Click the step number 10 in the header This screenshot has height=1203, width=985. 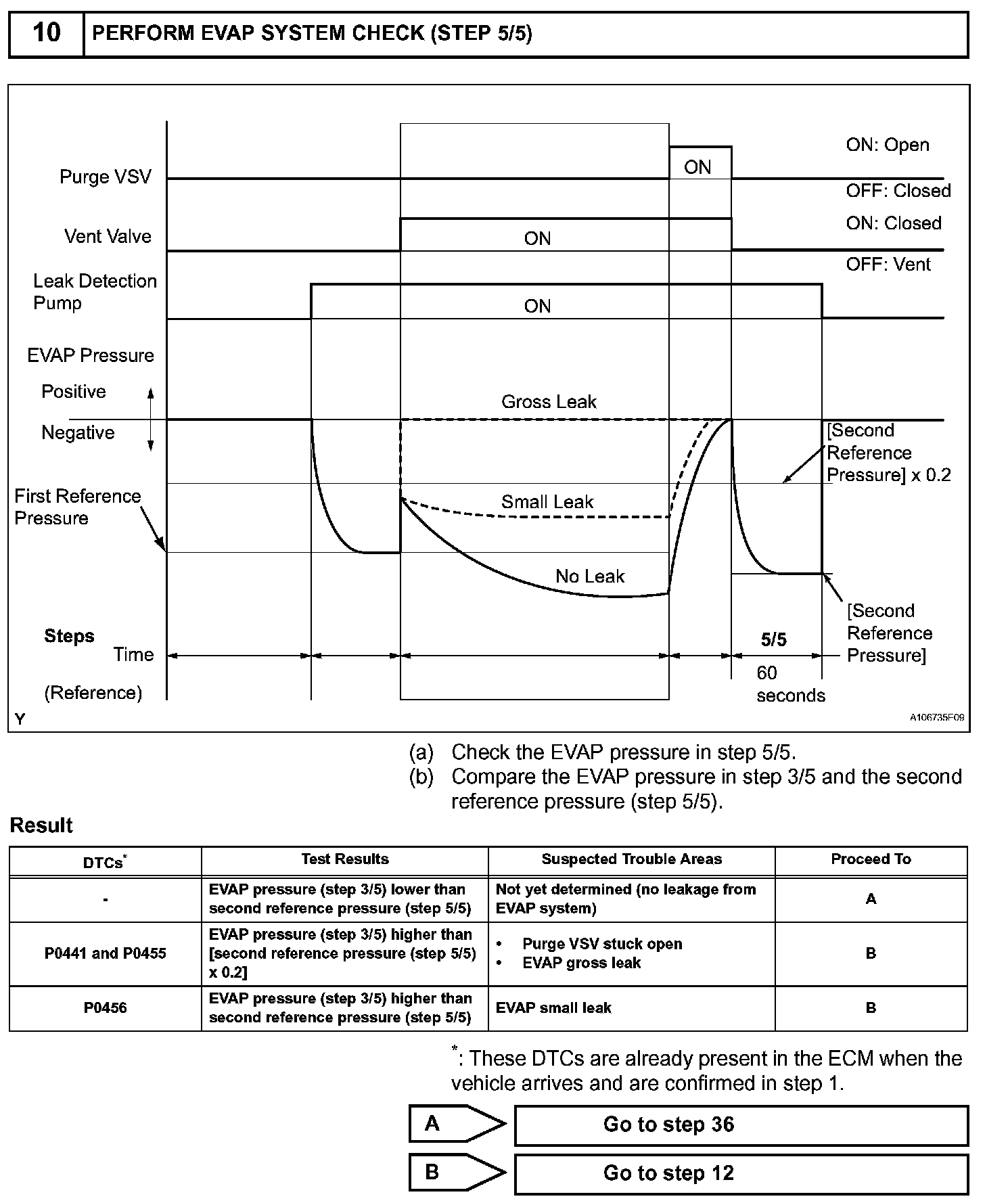click(46, 33)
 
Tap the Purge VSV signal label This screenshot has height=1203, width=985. click(105, 177)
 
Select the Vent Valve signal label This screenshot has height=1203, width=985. click(108, 237)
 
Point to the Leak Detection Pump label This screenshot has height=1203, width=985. click(95, 292)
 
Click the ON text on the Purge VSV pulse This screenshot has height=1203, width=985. click(697, 167)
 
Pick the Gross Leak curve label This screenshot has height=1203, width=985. click(549, 402)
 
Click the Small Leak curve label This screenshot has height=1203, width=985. click(547, 502)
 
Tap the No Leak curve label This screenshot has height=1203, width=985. click(590, 576)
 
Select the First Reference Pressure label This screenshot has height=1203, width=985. click(77, 507)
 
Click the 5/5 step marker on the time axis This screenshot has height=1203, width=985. click(774, 640)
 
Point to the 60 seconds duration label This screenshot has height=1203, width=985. click(790, 684)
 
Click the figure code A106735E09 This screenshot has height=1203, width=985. click(936, 717)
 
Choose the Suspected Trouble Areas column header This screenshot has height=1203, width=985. click(631, 859)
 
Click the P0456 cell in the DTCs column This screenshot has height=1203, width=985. click(106, 1008)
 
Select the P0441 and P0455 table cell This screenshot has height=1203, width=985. click(106, 953)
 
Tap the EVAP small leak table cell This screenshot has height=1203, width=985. click(553, 1008)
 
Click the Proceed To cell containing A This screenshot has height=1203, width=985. click(871, 899)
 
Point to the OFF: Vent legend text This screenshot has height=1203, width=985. click(888, 265)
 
